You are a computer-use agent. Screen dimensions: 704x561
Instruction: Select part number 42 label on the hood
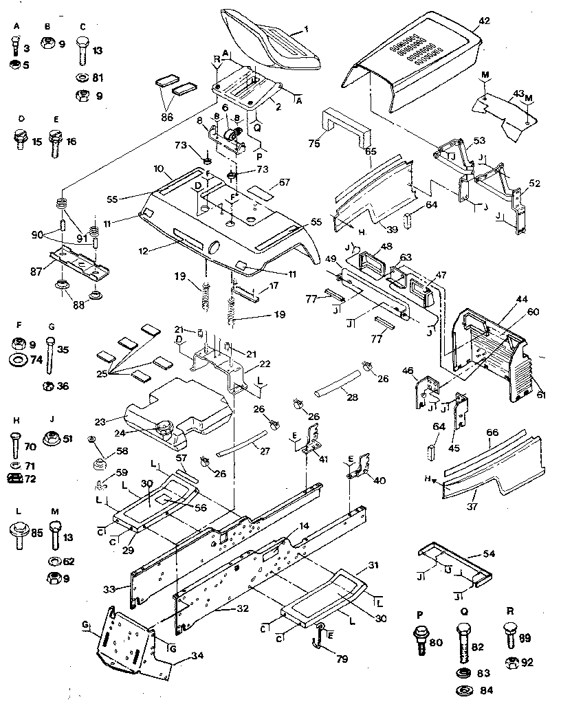[x=484, y=21]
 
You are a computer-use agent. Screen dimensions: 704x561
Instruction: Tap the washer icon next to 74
[x=19, y=359]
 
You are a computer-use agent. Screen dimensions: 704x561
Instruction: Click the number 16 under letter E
[x=71, y=142]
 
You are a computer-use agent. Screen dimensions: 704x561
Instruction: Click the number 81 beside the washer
[x=98, y=78]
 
